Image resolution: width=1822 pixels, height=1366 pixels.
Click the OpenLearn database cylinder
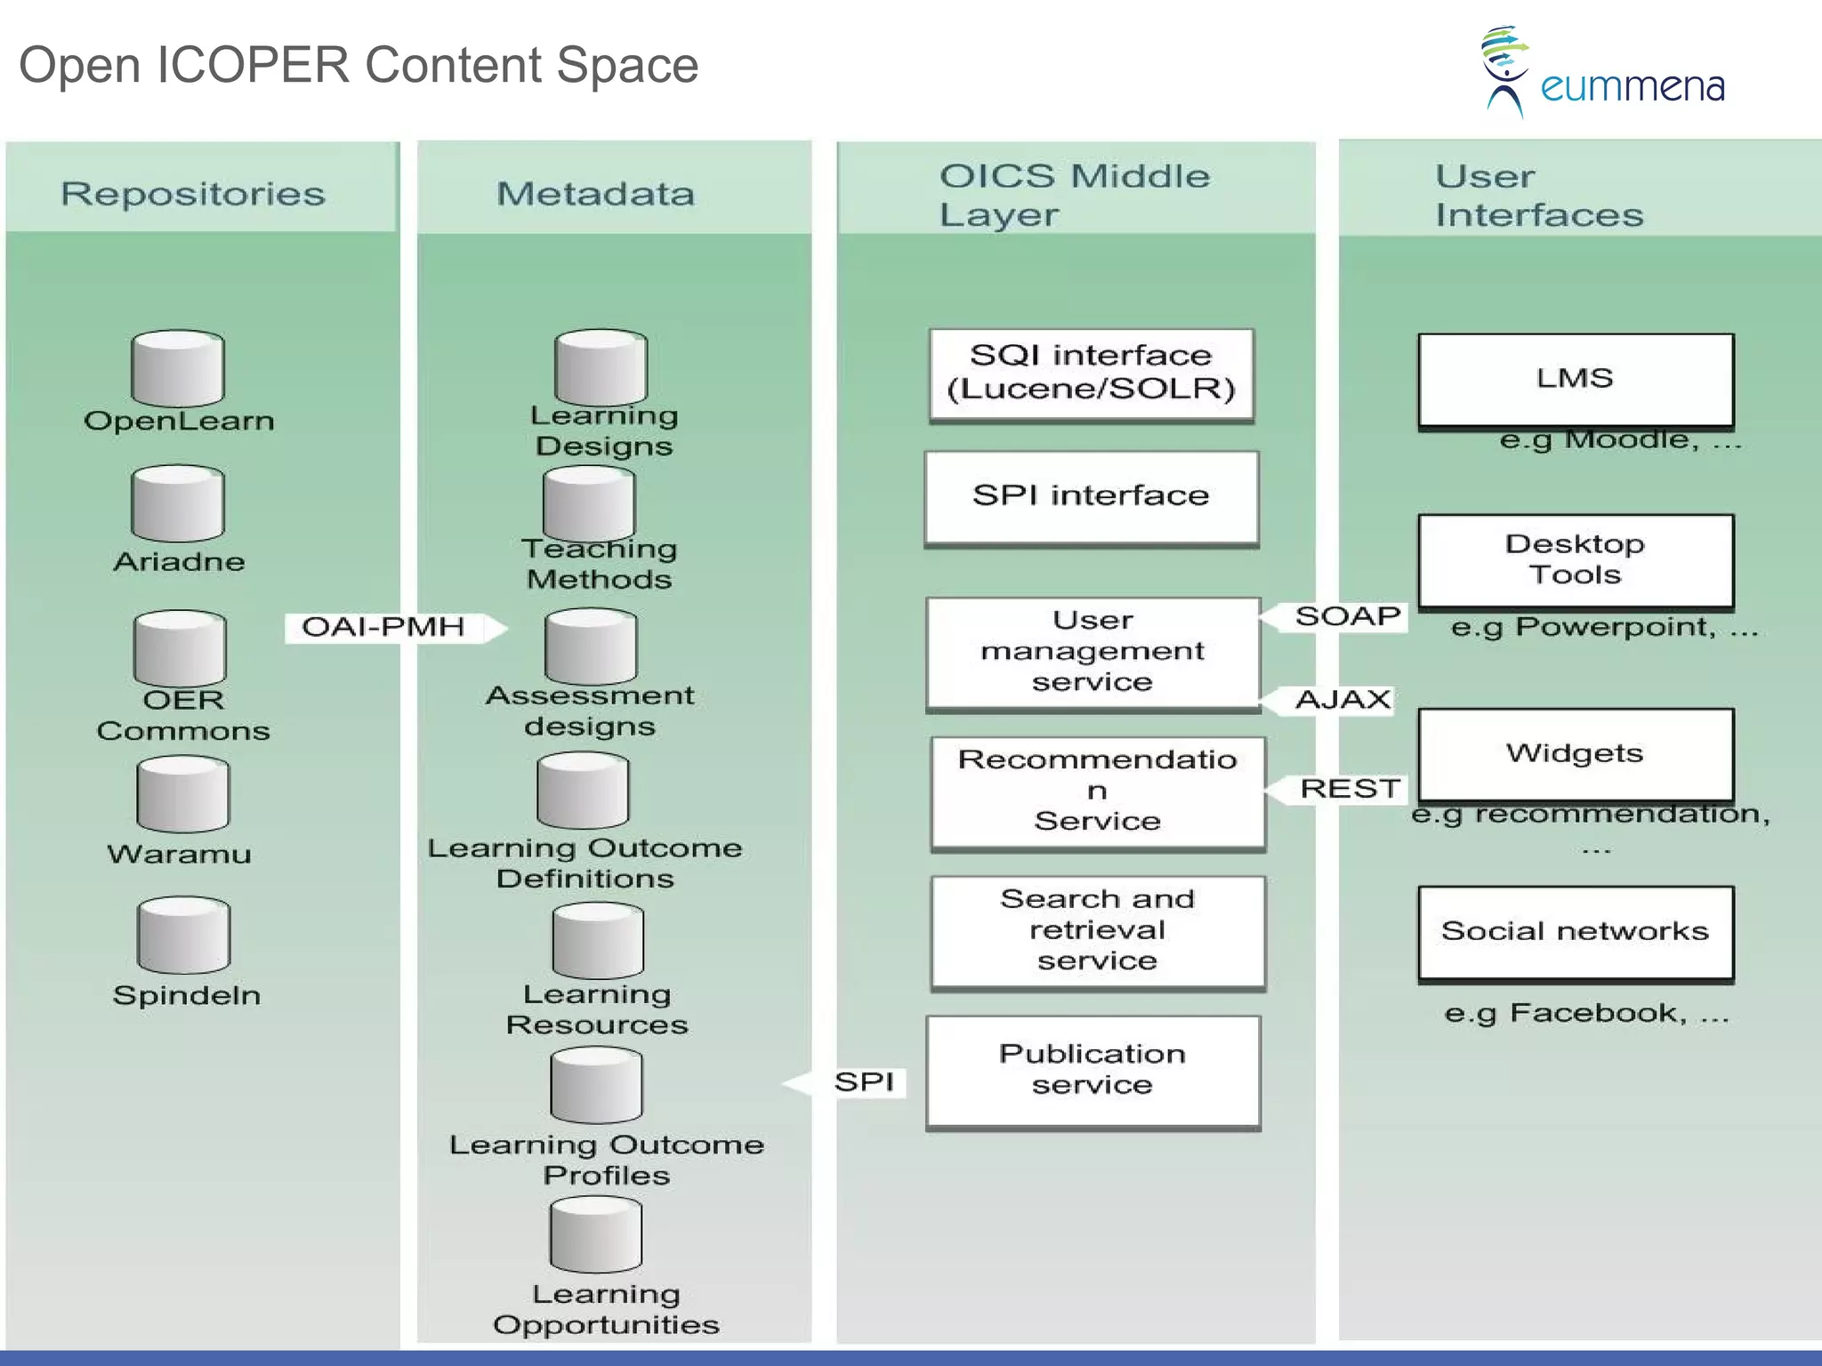pos(178,368)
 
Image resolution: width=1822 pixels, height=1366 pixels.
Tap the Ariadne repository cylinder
pos(178,503)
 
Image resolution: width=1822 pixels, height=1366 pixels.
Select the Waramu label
pos(180,854)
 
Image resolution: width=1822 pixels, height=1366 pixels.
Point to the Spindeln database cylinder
pos(183,935)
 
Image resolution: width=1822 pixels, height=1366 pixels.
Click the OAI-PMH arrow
pos(391,627)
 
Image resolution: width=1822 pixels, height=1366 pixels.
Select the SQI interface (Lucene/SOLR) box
pos(1091,374)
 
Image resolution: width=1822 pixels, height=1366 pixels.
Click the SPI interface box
pos(1091,496)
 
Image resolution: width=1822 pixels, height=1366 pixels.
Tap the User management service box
pos(1092,652)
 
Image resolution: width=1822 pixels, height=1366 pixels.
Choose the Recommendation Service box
pos(1097,791)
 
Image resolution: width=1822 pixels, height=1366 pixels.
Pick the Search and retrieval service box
pos(1097,930)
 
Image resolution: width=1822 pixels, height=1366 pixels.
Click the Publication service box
pos(1092,1070)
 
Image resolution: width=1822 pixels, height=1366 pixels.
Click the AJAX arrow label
pos(1340,700)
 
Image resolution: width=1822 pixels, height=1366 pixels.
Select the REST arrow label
pos(1345,789)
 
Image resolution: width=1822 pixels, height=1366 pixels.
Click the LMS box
pos(1575,380)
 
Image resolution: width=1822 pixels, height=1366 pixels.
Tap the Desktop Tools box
pos(1575,560)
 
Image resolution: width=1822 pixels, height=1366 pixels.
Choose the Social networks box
pos(1575,932)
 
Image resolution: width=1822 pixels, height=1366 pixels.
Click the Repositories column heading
pos(193,194)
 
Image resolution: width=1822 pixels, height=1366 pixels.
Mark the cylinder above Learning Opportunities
pos(595,1234)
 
